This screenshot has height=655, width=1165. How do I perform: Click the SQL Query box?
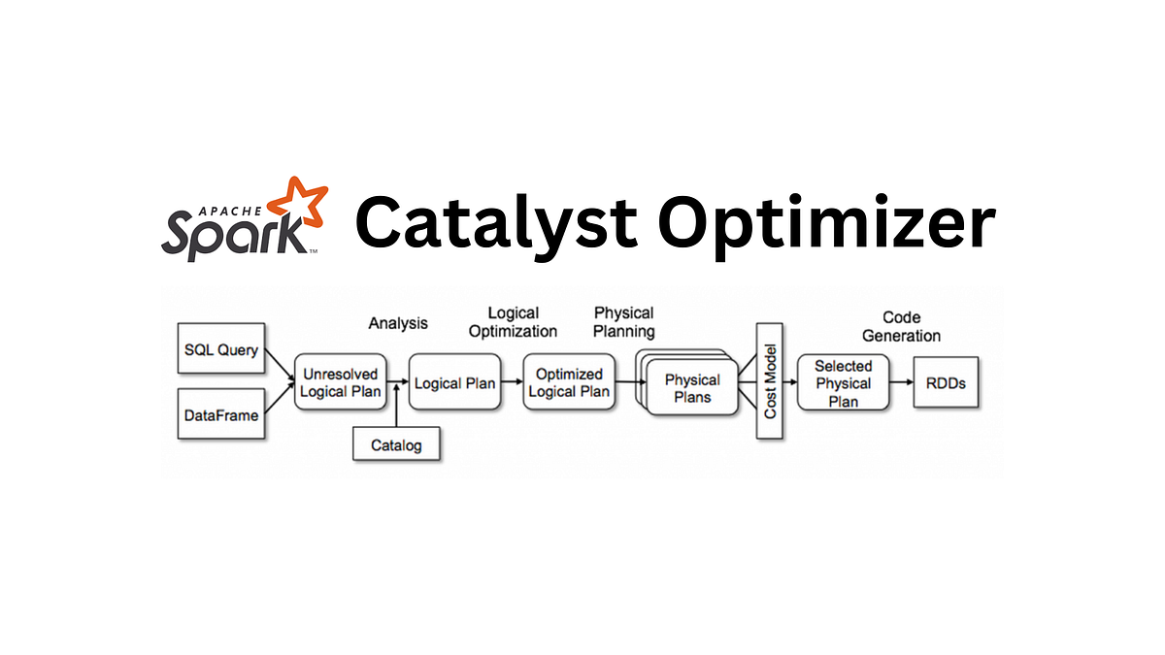point(221,350)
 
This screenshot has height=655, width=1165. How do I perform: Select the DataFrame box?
point(221,414)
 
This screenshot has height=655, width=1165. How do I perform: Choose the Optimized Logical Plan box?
point(570,382)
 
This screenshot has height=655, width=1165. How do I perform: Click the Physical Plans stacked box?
point(691,388)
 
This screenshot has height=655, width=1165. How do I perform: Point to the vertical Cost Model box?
point(770,382)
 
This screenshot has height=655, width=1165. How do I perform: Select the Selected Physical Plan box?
point(843,382)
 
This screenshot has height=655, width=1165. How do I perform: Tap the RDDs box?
point(945,382)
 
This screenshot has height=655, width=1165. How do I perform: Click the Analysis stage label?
point(398,323)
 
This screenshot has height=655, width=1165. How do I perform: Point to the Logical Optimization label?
point(514,321)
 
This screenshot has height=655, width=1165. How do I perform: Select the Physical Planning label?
point(624,321)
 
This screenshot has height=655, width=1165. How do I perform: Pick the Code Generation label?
point(902,326)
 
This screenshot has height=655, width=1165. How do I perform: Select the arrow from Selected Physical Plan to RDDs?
point(901,382)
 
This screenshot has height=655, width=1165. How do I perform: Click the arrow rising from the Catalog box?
point(398,412)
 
